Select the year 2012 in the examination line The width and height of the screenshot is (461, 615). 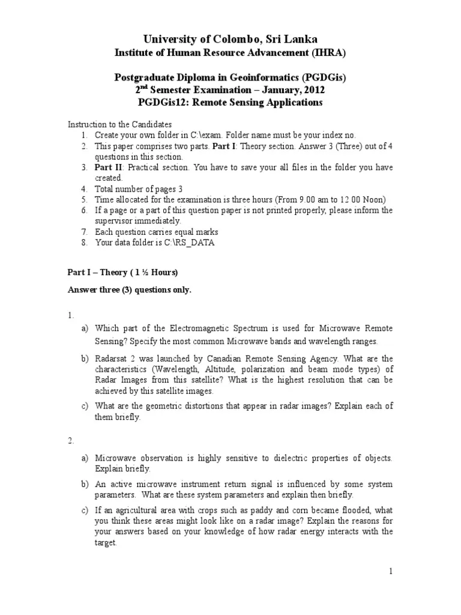pyautogui.click(x=310, y=90)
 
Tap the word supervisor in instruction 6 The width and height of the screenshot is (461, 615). pyautogui.click(x=116, y=221)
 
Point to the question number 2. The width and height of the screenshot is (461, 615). pyautogui.click(x=70, y=441)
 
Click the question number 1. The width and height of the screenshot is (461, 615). pyautogui.click(x=70, y=314)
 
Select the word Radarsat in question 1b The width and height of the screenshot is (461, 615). pyautogui.click(x=112, y=359)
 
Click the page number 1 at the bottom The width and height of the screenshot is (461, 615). pyautogui.click(x=390, y=572)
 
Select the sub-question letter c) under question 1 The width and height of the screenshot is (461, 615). pyautogui.click(x=85, y=406)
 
